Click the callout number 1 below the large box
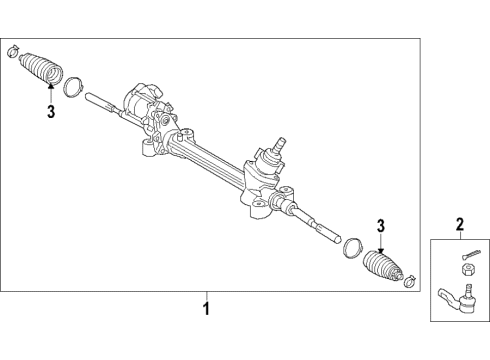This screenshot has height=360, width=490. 206,309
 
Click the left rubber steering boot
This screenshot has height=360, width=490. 39,71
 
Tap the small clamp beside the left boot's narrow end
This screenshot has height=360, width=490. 12,50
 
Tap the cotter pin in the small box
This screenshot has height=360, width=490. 471,253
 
